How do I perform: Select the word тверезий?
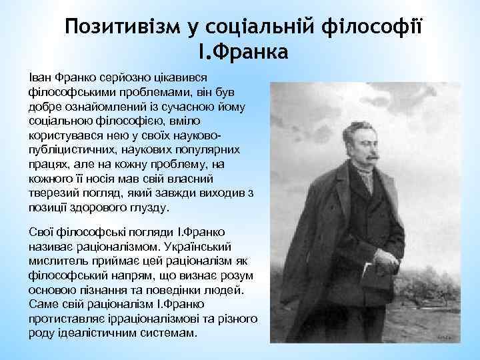(53, 193)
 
